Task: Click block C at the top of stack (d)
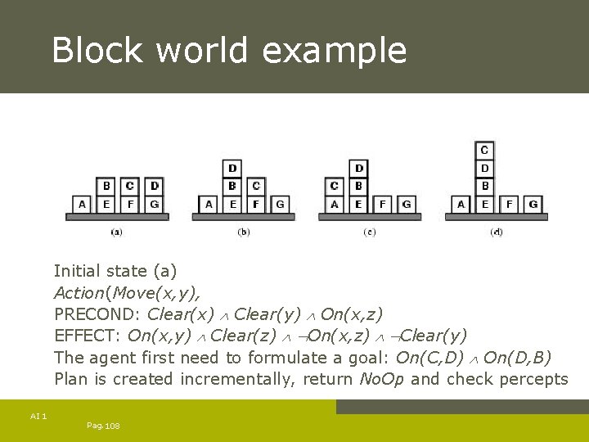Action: pos(484,150)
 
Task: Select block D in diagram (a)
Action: pos(155,186)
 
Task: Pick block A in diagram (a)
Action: pos(82,204)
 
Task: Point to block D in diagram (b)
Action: pos(233,169)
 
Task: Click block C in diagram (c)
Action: pos(334,186)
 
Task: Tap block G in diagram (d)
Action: pos(533,204)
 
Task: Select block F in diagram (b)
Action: pos(256,204)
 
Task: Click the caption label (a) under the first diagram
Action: pos(116,232)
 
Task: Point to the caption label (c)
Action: pos(370,232)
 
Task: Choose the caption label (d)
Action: pos(497,232)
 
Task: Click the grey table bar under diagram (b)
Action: pos(244,217)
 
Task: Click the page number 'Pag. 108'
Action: pos(103,426)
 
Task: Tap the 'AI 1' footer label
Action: pos(38,417)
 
